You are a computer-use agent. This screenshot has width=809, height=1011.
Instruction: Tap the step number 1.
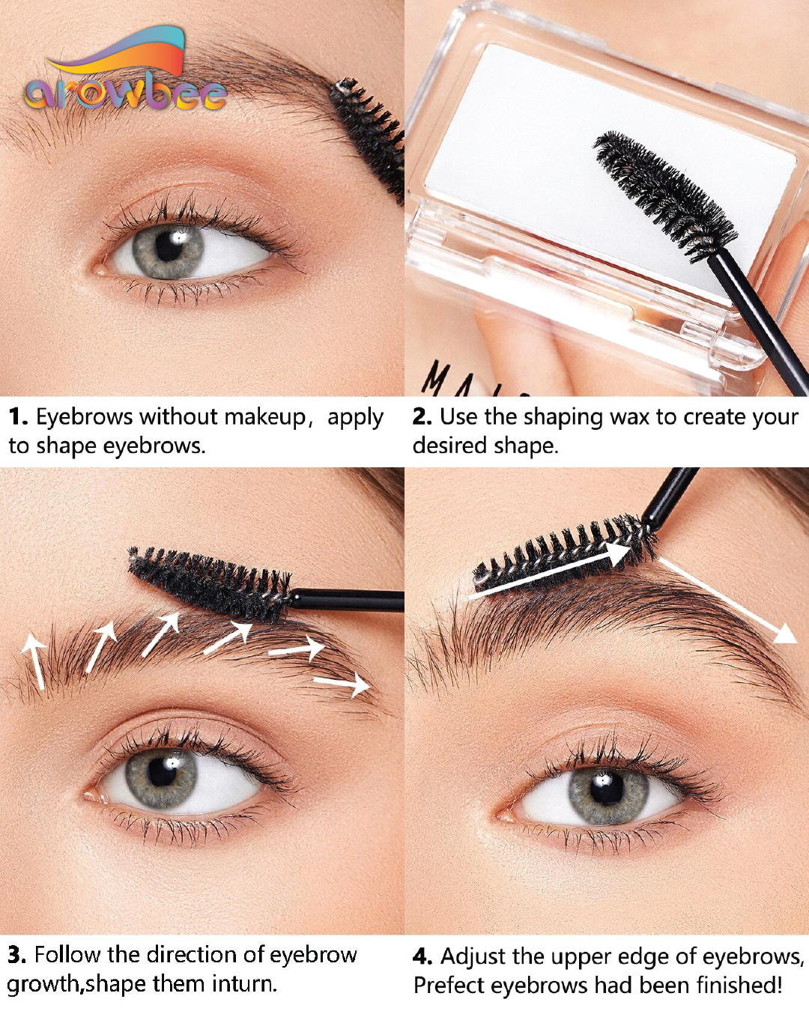point(18,417)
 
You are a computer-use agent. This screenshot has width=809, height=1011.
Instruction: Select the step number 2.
point(422,417)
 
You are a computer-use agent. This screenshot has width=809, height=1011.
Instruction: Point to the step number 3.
point(16,955)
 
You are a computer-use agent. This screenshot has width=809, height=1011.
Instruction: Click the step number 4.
point(422,956)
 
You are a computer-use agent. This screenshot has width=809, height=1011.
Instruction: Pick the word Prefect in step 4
point(448,986)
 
